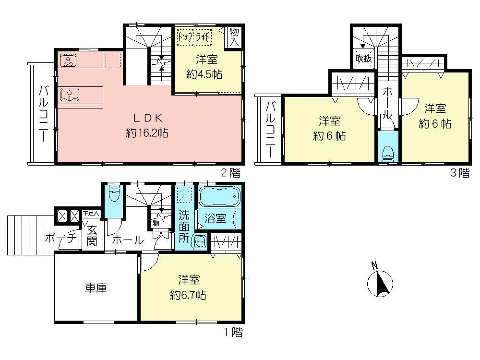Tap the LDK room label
point(146,118)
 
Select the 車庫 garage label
point(96,288)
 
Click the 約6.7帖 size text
point(188,295)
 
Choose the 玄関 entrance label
point(91,235)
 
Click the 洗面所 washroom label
point(184,225)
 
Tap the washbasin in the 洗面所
point(199,242)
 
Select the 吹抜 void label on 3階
point(363,59)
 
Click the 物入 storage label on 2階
point(234,36)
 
